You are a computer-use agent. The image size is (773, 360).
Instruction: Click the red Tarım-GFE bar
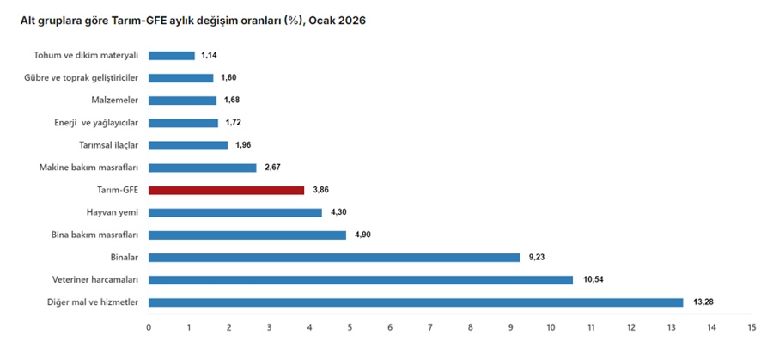226,190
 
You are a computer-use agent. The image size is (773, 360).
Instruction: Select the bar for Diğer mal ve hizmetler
416,302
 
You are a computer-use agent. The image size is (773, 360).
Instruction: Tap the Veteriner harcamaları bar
361,279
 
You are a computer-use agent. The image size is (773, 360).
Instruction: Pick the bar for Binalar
334,257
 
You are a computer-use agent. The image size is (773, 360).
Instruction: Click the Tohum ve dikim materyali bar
172,56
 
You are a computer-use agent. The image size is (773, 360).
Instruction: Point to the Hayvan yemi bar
235,212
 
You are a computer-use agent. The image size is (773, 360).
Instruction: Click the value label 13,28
703,302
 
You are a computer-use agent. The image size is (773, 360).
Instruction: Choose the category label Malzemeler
114,101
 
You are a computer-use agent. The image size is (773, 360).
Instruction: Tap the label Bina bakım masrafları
94,235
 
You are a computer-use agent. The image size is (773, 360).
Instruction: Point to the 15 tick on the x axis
752,328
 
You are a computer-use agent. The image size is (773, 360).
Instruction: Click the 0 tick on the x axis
149,328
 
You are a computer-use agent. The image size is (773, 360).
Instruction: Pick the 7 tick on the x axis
430,328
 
